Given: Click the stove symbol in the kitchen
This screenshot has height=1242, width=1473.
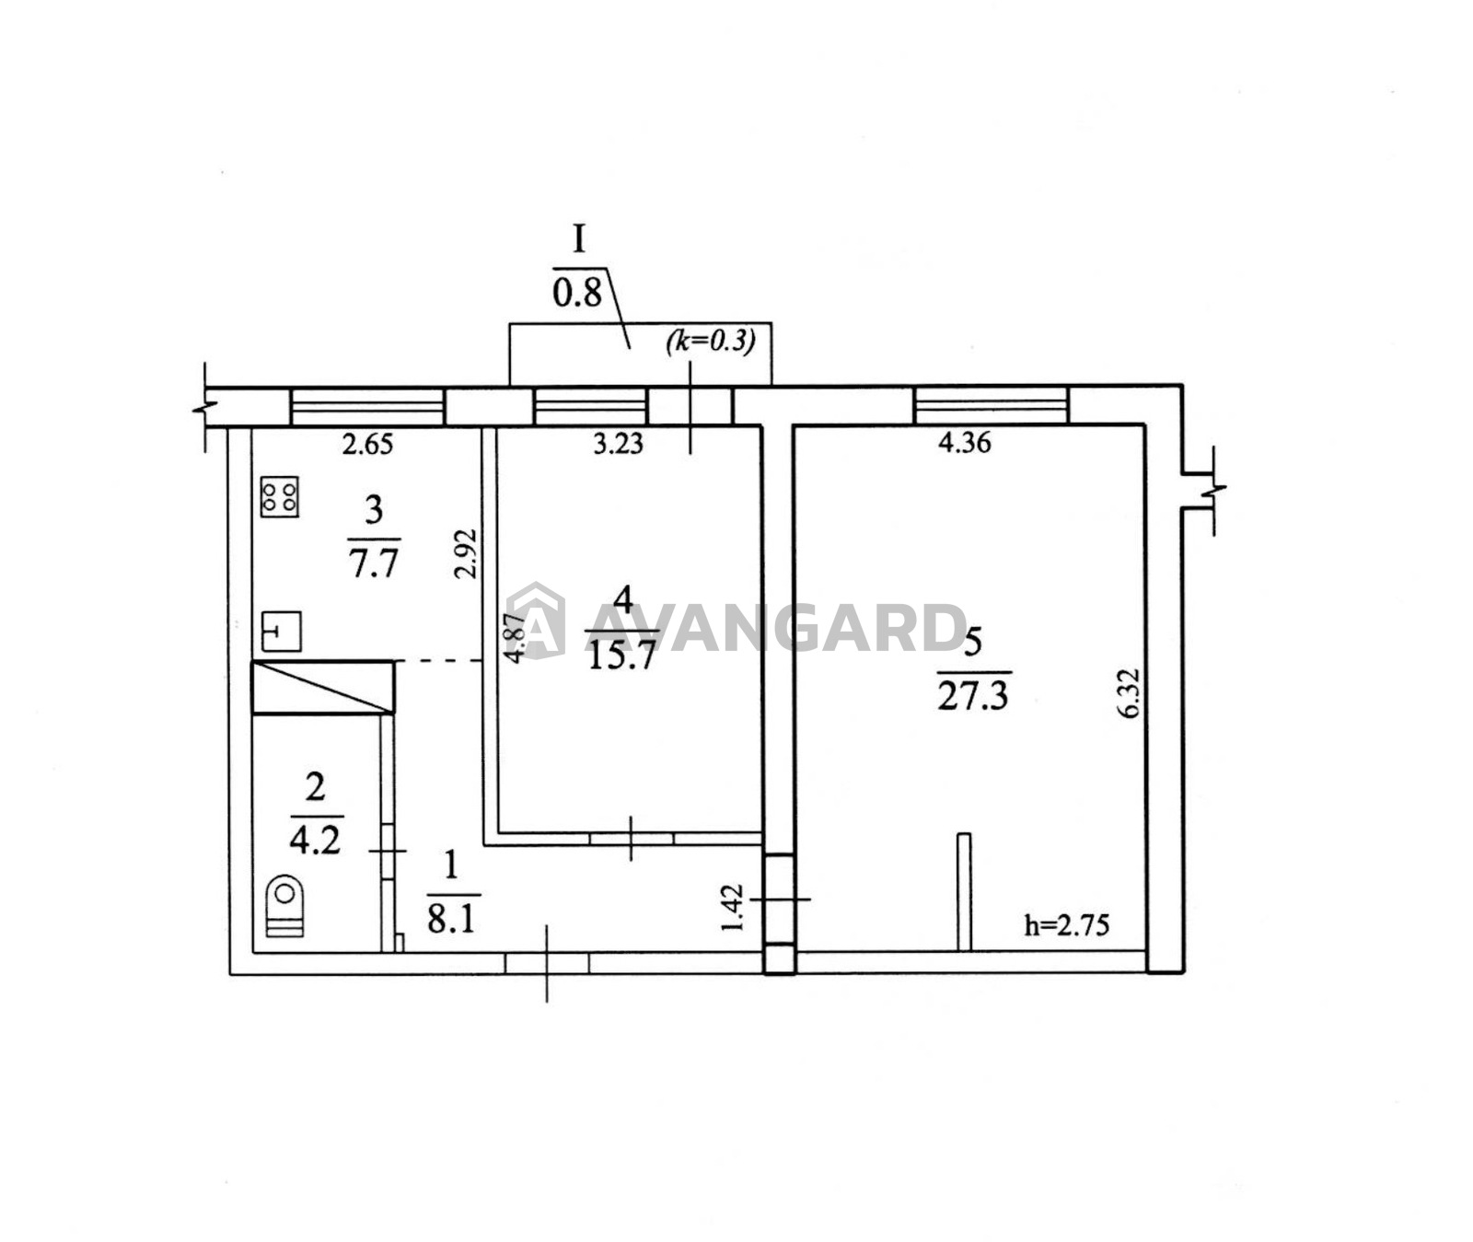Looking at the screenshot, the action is coord(280,496).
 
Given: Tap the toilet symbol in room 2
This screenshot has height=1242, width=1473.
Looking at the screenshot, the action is coord(284,908).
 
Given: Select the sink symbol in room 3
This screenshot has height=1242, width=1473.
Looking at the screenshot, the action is coord(282,632).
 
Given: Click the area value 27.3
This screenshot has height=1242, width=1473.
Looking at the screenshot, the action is coord(973,696).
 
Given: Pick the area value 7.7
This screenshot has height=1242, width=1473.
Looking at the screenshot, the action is coord(373,561).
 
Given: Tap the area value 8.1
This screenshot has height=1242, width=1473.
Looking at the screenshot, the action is coord(451,918).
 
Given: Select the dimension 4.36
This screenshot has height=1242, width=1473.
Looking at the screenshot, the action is coord(964,443).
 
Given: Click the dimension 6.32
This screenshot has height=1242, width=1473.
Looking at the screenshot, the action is coord(1131,693).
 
